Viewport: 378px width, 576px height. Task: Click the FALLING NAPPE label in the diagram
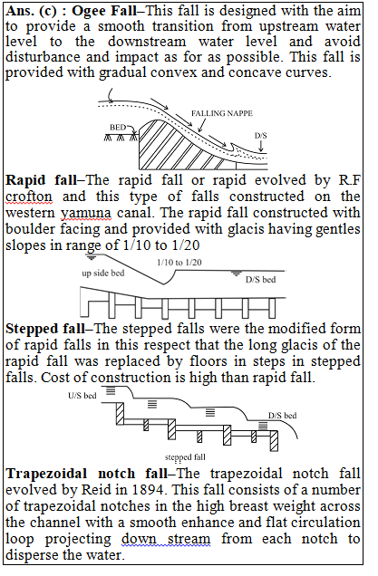[x=222, y=113]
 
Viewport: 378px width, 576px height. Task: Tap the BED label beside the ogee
[x=118, y=128]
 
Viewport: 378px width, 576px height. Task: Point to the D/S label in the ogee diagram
[x=261, y=136]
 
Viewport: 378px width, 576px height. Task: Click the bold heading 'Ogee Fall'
[x=104, y=11]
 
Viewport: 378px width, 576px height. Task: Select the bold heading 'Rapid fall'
[x=42, y=180]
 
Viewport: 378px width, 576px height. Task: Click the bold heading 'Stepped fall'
[x=45, y=328]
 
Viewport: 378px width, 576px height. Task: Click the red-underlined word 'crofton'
[x=29, y=197]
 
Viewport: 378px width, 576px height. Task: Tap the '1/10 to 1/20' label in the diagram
[x=179, y=263]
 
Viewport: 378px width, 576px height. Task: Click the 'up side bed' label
[x=103, y=273]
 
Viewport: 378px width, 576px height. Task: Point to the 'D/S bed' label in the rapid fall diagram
[x=261, y=280]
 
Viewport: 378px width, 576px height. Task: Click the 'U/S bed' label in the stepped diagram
[x=82, y=396]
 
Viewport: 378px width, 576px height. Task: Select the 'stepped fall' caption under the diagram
[x=185, y=457]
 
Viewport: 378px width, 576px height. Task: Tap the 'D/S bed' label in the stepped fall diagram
[x=283, y=416]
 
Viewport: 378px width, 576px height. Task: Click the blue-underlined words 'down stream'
[x=166, y=539]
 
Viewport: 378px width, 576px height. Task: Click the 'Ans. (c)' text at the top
[x=32, y=11]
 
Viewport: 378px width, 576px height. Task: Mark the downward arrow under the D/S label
[x=261, y=146]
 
